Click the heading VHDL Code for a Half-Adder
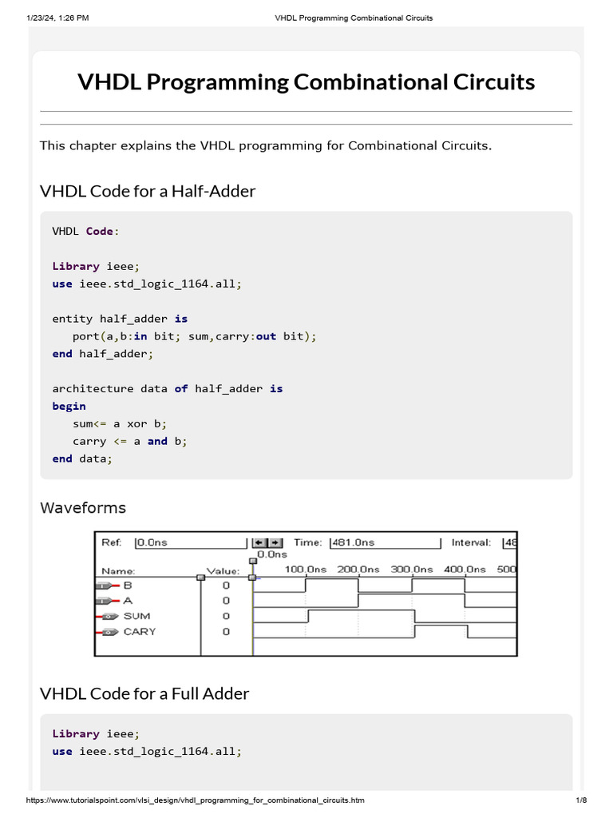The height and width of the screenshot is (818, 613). pyautogui.click(x=148, y=191)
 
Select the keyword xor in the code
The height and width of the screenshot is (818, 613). pyautogui.click(x=137, y=423)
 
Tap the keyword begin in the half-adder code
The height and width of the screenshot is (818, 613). pyautogui.click(x=69, y=407)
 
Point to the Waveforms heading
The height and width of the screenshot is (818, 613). pyautogui.click(x=83, y=507)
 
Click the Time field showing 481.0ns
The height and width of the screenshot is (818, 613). pyautogui.click(x=386, y=542)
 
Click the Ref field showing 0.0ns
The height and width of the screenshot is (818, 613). pyautogui.click(x=190, y=542)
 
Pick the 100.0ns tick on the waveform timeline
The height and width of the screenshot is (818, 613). pyautogui.click(x=306, y=569)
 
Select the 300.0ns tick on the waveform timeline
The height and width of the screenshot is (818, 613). pyautogui.click(x=412, y=569)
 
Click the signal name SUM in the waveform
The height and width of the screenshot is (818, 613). pyautogui.click(x=136, y=616)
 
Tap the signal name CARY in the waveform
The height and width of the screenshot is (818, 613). pyautogui.click(x=140, y=632)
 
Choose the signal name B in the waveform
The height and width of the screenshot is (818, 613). pyautogui.click(x=128, y=586)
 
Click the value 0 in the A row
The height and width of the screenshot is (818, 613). pyautogui.click(x=226, y=601)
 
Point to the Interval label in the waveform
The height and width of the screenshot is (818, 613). pyautogui.click(x=471, y=542)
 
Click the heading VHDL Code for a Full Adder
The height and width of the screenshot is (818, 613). pyautogui.click(x=144, y=694)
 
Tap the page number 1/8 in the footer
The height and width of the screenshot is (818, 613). pyautogui.click(x=581, y=800)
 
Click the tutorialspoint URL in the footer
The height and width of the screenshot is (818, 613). pyautogui.click(x=195, y=800)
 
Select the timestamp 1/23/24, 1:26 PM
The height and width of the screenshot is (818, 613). pyautogui.click(x=57, y=18)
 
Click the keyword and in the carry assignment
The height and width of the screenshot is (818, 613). pyautogui.click(x=157, y=441)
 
